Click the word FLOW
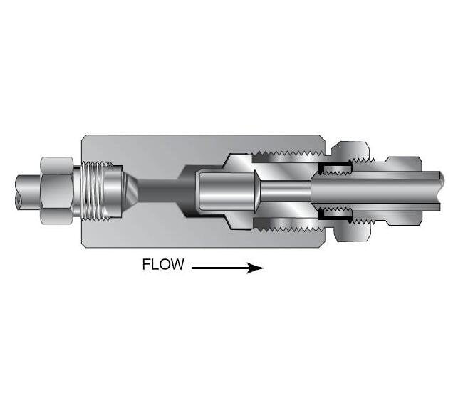tap(163, 266)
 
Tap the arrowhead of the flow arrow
tap(258, 268)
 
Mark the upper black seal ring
tap(335, 169)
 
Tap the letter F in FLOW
tap(147, 266)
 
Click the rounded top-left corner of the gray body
tap(85, 137)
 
